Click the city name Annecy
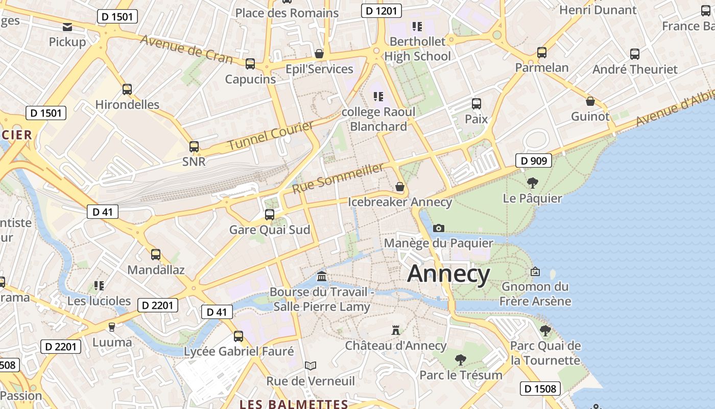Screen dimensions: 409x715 point(448,274)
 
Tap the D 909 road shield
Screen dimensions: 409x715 point(534,161)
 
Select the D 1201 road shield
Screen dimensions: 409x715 point(381,10)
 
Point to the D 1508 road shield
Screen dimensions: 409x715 point(540,389)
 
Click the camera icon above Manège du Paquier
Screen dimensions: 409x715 point(438,228)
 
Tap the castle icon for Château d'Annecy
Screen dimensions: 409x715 point(395,330)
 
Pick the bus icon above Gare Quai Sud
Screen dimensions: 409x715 point(270,214)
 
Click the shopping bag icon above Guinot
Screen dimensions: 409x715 point(590,101)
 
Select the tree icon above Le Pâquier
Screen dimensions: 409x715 point(532,183)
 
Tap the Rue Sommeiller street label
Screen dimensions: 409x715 point(338,178)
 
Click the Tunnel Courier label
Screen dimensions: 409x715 point(270,135)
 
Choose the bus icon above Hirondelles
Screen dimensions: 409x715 point(127,89)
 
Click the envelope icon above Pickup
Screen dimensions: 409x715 point(67,27)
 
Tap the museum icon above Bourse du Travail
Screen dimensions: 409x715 point(322,277)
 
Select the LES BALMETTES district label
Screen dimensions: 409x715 point(294,404)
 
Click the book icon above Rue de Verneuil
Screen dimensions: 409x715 point(311,366)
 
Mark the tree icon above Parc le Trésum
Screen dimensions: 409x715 point(461,360)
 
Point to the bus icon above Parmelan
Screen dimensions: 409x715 point(542,52)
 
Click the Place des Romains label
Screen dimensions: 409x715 point(287,13)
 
